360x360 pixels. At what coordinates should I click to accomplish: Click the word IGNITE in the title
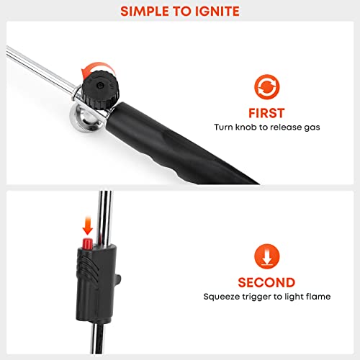216,12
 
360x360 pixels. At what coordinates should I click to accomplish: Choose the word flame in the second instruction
314,297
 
